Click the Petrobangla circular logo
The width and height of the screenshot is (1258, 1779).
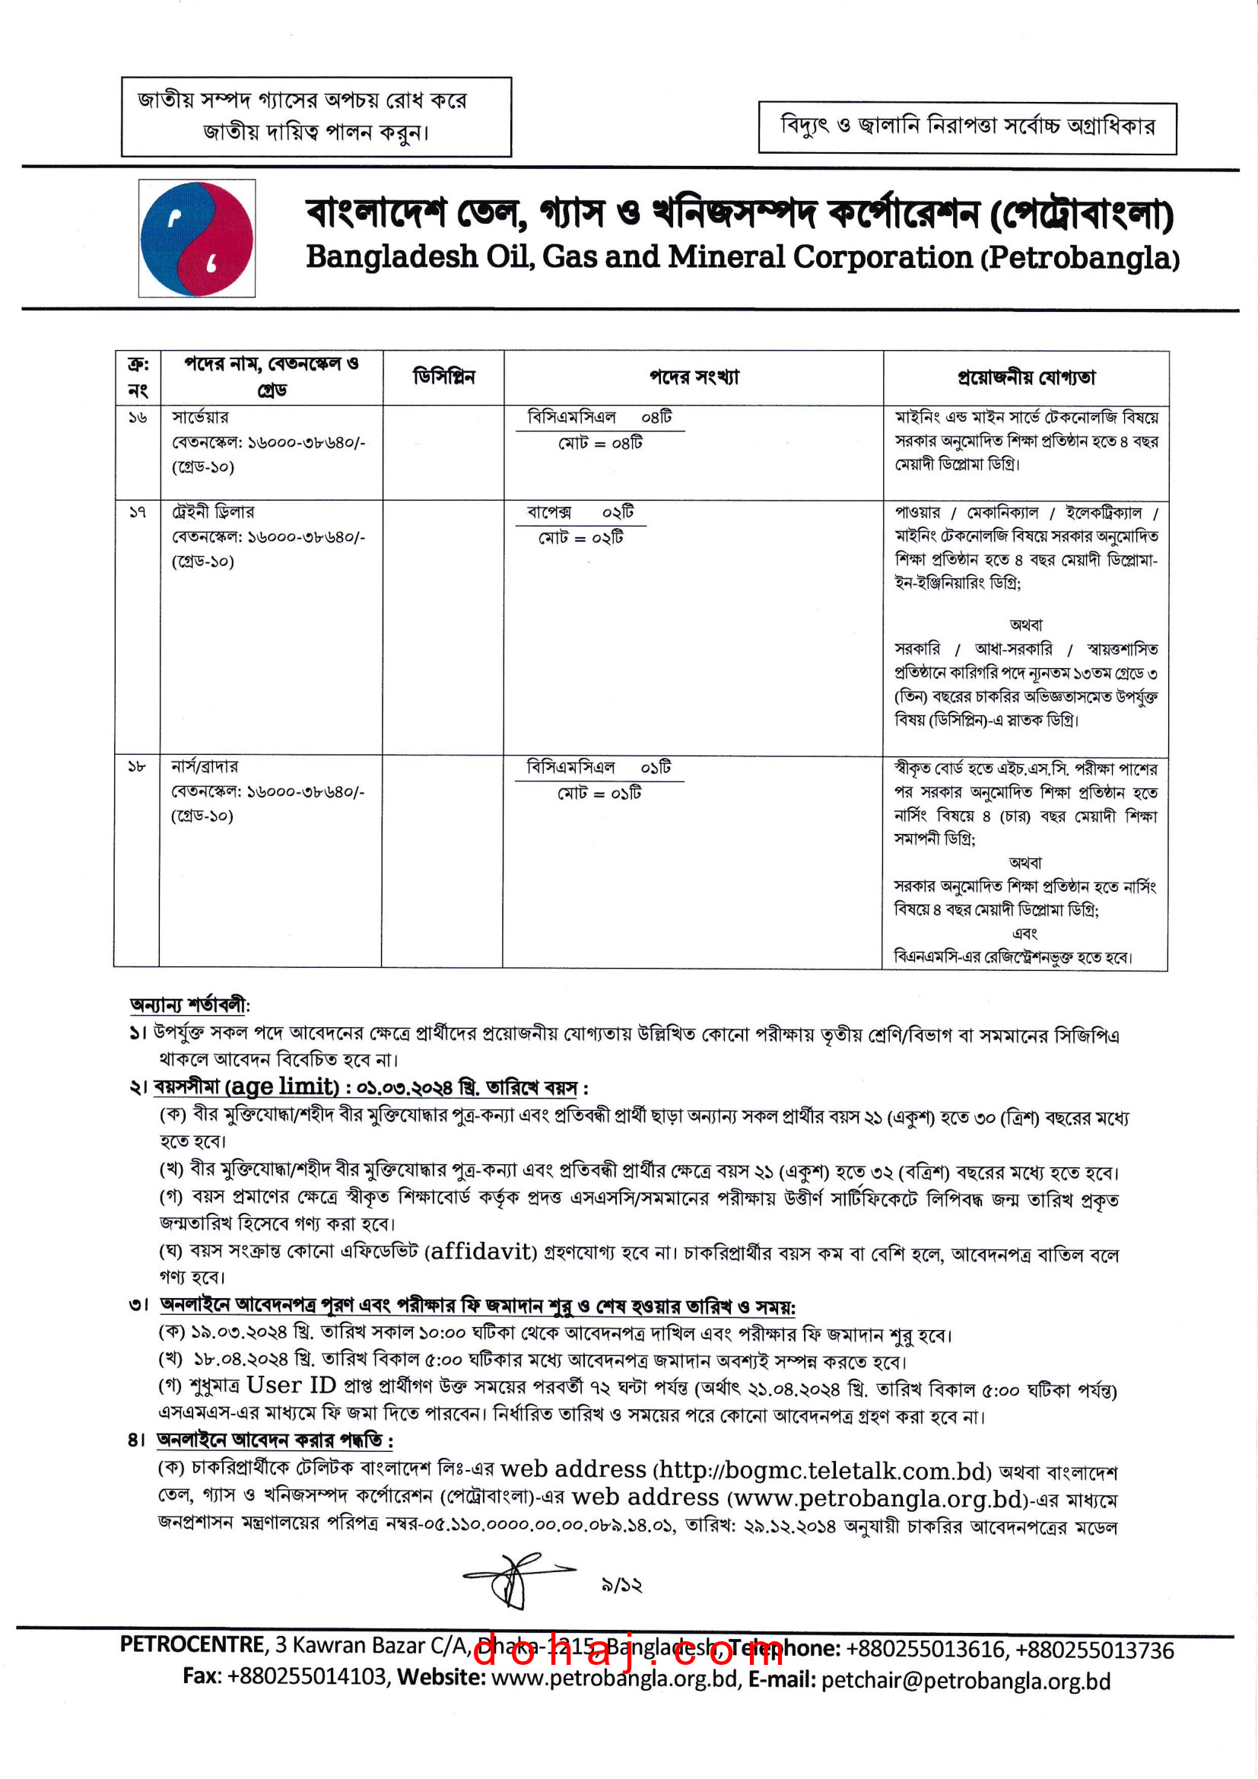click(x=197, y=239)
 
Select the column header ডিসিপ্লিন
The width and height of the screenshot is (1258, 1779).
click(x=443, y=377)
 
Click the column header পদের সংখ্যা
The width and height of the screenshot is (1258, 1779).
click(x=694, y=377)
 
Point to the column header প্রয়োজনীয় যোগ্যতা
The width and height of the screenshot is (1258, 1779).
click(x=1025, y=378)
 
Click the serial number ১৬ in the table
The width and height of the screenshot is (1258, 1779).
click(x=137, y=418)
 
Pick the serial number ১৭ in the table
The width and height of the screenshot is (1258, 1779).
click(x=137, y=512)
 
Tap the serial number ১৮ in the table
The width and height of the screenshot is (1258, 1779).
click(x=136, y=767)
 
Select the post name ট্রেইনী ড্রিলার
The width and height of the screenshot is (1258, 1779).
click(x=212, y=512)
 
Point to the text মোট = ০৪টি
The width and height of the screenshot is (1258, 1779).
click(x=600, y=443)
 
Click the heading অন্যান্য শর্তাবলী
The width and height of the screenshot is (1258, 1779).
click(x=189, y=1006)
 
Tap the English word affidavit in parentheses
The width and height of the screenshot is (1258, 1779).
click(x=481, y=1252)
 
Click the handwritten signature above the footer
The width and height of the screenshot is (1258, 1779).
click(x=514, y=1579)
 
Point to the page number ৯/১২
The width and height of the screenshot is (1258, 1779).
click(x=621, y=1585)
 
